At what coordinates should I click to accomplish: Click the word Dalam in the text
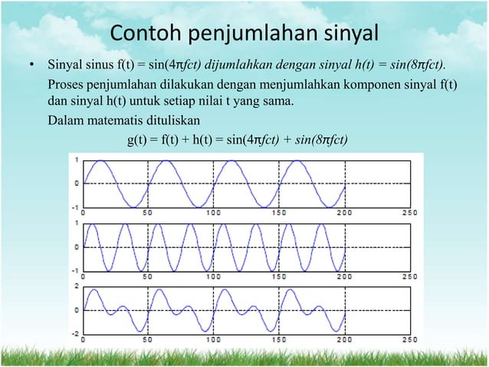(64, 121)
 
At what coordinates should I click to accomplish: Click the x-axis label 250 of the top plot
(410, 212)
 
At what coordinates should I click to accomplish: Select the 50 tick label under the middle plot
(146, 275)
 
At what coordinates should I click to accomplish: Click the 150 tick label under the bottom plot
(280, 339)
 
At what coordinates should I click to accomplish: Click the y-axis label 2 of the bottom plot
(76, 286)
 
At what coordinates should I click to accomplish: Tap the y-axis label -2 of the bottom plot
(74, 333)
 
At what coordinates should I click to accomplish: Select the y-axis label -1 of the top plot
(74, 207)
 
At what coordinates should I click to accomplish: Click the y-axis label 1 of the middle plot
(76, 223)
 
